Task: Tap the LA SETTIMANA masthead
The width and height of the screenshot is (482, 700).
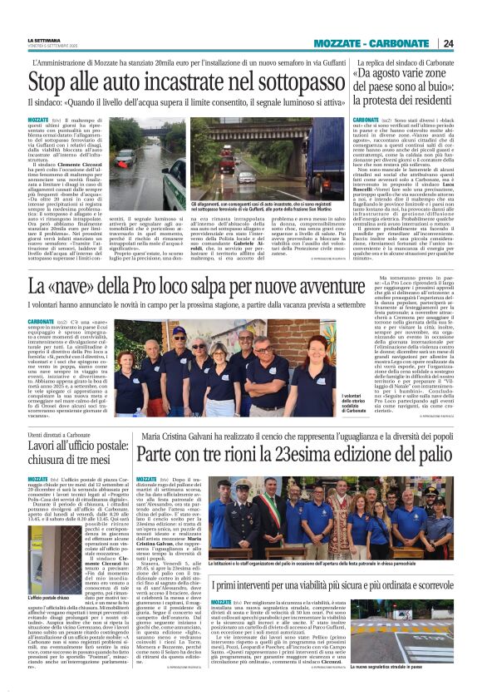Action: click(45, 39)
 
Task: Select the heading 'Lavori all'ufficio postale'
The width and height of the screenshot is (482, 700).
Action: click(77, 446)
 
